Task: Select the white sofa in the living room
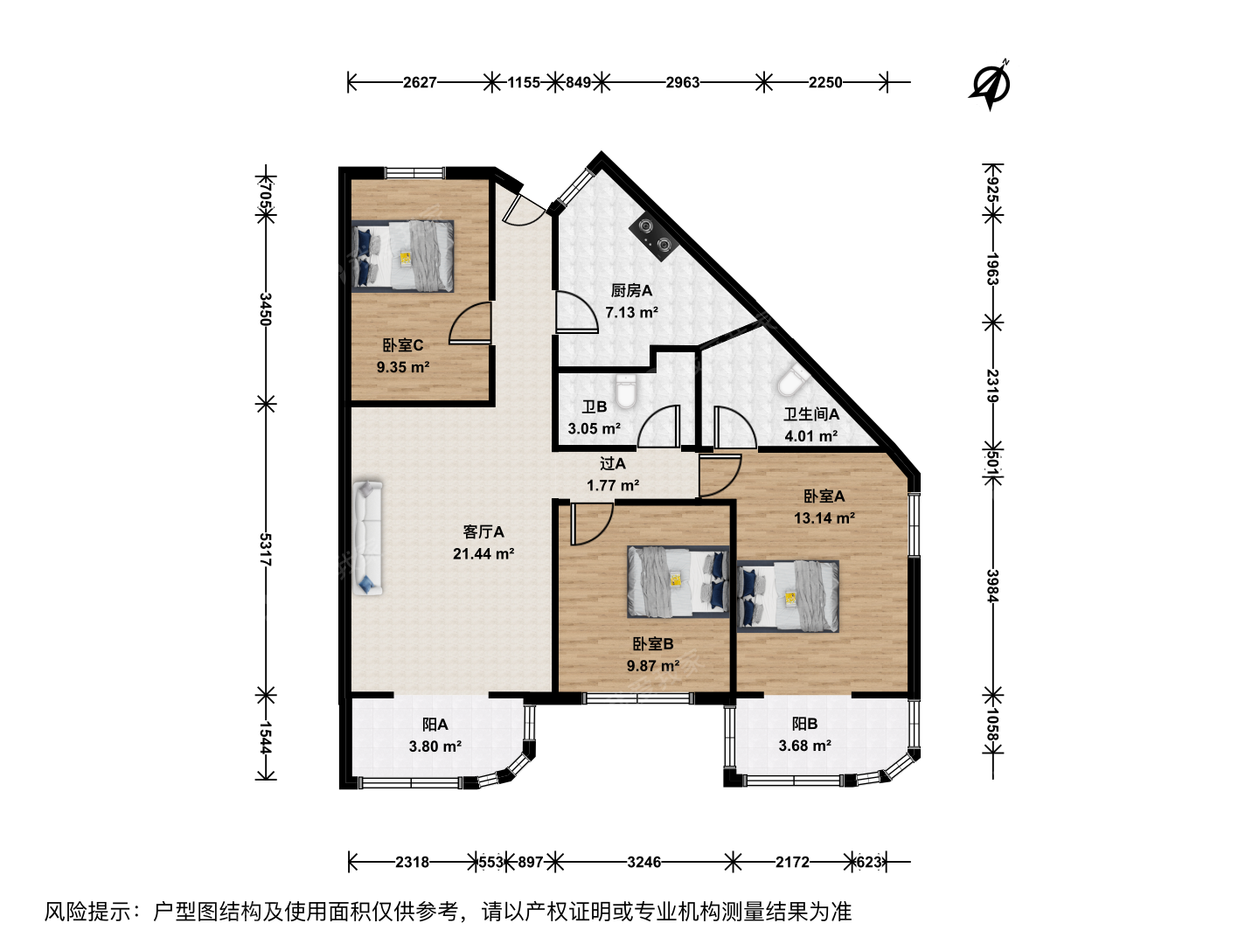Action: (x=368, y=537)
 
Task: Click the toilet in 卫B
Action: (x=626, y=391)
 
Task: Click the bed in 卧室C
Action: (x=403, y=256)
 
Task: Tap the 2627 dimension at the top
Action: (x=420, y=82)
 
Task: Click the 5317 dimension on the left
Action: (x=265, y=549)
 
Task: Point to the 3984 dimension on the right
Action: (x=993, y=586)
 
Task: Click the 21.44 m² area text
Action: (x=483, y=553)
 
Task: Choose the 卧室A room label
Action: (x=824, y=496)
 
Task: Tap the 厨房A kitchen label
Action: (x=631, y=290)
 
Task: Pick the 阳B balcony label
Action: (x=804, y=724)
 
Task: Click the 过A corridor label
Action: (x=613, y=463)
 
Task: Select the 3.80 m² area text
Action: (x=435, y=746)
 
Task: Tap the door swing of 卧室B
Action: (x=593, y=524)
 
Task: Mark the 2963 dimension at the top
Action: (x=683, y=82)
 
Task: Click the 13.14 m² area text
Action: (x=824, y=518)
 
